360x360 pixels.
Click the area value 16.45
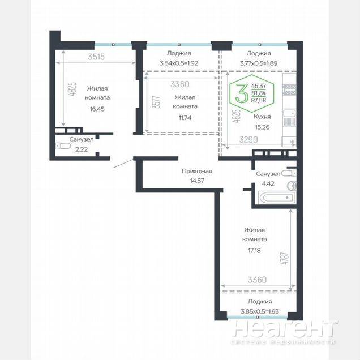(x=97, y=109)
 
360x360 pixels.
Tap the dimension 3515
(x=96, y=57)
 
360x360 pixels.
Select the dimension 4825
(x=73, y=89)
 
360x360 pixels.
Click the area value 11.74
(x=185, y=118)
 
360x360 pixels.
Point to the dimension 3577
(x=156, y=102)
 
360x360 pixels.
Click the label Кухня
(x=262, y=117)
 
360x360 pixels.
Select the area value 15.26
(x=262, y=127)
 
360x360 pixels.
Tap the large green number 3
(x=242, y=93)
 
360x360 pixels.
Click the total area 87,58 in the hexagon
(x=259, y=100)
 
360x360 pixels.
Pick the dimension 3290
(x=248, y=139)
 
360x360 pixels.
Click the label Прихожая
(x=197, y=172)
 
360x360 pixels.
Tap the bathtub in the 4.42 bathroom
(x=276, y=198)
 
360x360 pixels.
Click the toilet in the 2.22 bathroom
(x=63, y=146)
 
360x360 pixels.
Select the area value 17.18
(x=254, y=251)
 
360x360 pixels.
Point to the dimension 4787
(x=284, y=259)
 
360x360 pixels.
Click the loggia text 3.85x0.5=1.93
(x=260, y=311)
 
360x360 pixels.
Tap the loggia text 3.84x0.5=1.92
(x=179, y=63)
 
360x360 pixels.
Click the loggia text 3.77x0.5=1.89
(x=259, y=63)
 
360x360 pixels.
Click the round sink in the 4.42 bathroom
(x=292, y=186)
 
